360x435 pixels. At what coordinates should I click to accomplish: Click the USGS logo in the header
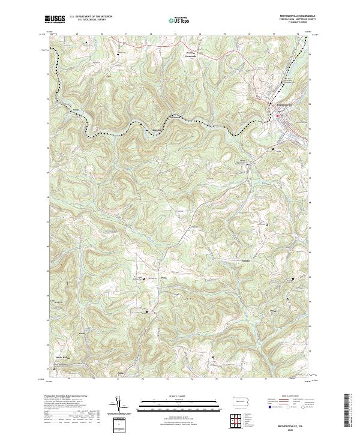pos(55,19)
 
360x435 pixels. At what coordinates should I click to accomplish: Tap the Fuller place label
pos(76,109)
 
